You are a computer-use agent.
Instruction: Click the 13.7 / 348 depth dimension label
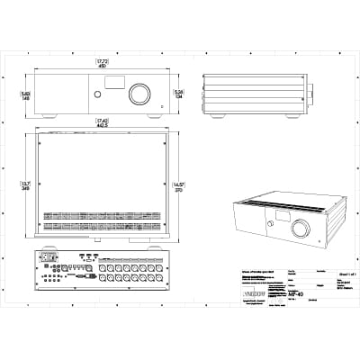coord(25,185)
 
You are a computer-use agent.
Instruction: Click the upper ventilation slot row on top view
coord(103,214)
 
